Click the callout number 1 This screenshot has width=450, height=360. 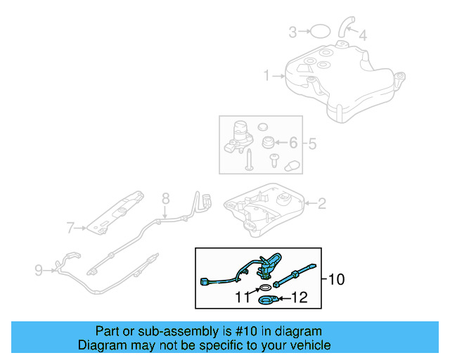click(x=266, y=75)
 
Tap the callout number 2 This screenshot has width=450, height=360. click(x=321, y=205)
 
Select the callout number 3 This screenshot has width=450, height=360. click(x=292, y=31)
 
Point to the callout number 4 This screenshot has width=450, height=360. click(x=363, y=34)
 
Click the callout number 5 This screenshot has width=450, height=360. click(x=312, y=143)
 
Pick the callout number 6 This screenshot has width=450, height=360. click(x=293, y=143)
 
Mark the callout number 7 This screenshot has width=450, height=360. click(x=70, y=227)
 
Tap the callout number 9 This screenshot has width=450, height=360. click(x=39, y=269)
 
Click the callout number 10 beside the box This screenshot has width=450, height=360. click(x=337, y=279)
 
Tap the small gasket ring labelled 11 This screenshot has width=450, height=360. click(x=264, y=288)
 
